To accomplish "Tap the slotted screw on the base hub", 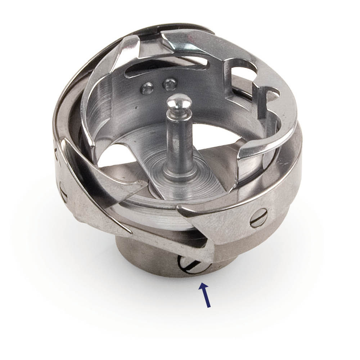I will (191, 265).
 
